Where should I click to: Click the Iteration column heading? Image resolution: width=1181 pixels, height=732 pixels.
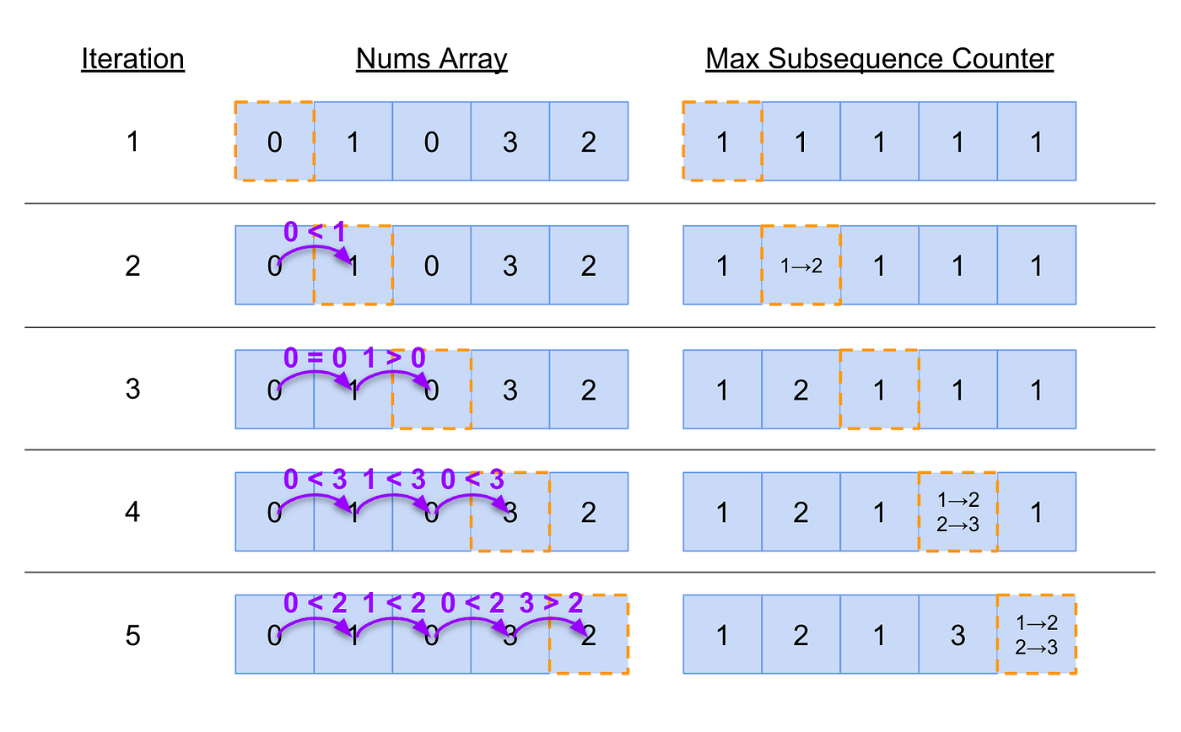tap(132, 59)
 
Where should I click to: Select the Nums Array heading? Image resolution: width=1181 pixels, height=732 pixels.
tap(431, 59)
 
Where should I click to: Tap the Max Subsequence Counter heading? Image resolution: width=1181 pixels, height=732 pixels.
tap(879, 59)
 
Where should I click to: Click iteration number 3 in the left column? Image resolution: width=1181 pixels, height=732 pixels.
tap(132, 389)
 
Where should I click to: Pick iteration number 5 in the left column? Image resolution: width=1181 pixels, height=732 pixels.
tap(132, 635)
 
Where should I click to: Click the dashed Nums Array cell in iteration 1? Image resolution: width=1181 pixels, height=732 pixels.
tap(274, 142)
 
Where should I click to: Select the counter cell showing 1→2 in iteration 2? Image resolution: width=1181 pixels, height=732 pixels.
tap(800, 266)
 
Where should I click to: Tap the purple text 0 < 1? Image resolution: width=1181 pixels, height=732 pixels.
tap(315, 233)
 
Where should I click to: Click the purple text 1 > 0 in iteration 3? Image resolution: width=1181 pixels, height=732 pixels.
tap(394, 357)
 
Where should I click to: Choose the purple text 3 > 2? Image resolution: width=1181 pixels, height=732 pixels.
tap(550, 603)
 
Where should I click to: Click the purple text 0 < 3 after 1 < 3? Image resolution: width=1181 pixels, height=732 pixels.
tap(472, 480)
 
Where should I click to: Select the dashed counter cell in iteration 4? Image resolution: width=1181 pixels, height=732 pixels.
tap(957, 512)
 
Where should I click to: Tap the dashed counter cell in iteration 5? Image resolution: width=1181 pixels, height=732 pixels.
tap(1036, 635)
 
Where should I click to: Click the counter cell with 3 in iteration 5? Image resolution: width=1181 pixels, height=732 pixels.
tap(957, 635)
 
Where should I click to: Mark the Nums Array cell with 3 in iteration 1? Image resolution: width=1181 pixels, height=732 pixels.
tap(510, 142)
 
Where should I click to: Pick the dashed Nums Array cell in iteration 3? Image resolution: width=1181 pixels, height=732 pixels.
tap(431, 389)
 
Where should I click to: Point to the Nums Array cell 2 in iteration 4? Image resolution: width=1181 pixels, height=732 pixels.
tap(589, 512)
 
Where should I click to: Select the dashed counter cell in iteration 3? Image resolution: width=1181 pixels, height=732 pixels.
tap(879, 389)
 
